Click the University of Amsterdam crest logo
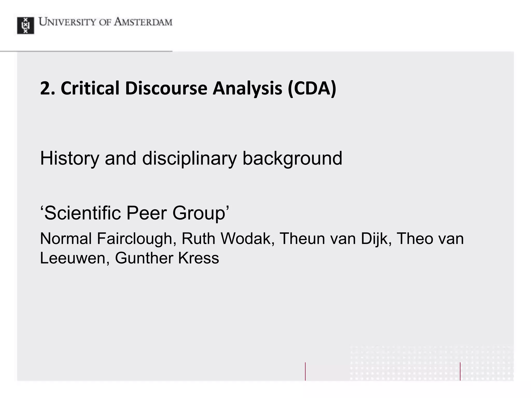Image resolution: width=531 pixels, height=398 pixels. click(x=25, y=25)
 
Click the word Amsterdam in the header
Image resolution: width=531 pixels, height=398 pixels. click(x=143, y=22)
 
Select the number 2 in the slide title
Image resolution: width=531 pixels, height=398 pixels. click(x=45, y=88)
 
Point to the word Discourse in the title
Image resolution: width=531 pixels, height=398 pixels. click(x=166, y=88)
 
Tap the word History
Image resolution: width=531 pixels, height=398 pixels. click(x=69, y=159)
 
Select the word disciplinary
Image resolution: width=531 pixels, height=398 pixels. click(x=189, y=159)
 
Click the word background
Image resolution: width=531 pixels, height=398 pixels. click(x=292, y=159)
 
